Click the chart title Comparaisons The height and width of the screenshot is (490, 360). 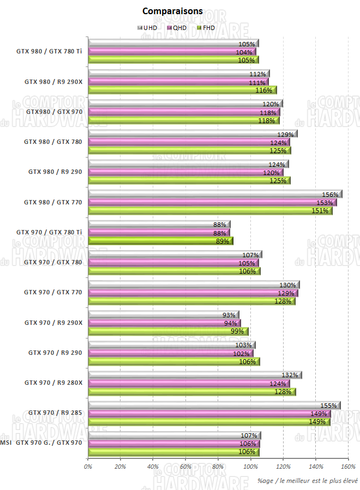pyautogui.click(x=172, y=11)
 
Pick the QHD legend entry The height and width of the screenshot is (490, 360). pyautogui.click(x=179, y=27)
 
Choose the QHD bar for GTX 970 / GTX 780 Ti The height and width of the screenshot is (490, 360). pyautogui.click(x=159, y=233)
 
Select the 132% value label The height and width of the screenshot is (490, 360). pyautogui.click(x=290, y=375)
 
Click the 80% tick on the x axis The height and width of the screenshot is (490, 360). pyautogui.click(x=218, y=466)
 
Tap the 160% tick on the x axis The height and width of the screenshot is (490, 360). pyautogui.click(x=348, y=466)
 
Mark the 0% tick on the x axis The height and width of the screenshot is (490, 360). pyautogui.click(x=88, y=466)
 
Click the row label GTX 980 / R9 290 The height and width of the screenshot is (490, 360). pyautogui.click(x=55, y=172)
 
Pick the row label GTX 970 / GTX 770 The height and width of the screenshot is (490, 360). pyautogui.click(x=53, y=292)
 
